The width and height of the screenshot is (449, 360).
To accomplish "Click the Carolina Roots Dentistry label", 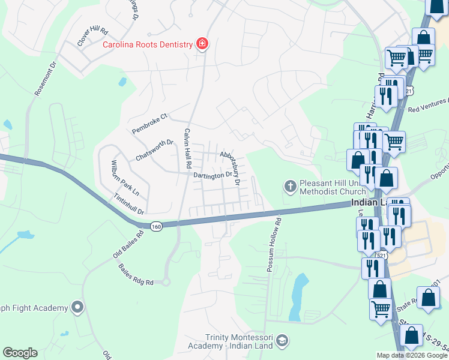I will click(x=147, y=44).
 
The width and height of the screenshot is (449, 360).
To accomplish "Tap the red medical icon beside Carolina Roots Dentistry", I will click(x=202, y=44).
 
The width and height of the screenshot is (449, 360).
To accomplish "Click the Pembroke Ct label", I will click(x=149, y=123).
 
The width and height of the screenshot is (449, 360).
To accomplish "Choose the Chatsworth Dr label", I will click(x=154, y=150).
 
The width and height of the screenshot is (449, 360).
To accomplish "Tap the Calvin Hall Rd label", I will click(x=188, y=148).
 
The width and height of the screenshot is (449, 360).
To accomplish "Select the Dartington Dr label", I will click(x=212, y=175).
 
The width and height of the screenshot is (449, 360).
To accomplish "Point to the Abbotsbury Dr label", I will click(x=231, y=167).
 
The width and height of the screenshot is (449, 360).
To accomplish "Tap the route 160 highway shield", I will click(x=157, y=226).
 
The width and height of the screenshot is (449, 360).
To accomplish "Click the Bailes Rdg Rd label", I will click(x=136, y=275).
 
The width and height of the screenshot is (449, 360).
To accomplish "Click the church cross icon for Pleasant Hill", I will click(x=290, y=186).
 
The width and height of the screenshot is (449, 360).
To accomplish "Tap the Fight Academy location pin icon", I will click(x=77, y=308).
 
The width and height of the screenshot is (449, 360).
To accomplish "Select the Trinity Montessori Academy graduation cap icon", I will click(x=281, y=342).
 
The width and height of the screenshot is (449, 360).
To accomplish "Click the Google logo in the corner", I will click(x=20, y=353).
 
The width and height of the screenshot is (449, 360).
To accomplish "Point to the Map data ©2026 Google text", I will click(x=412, y=355).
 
